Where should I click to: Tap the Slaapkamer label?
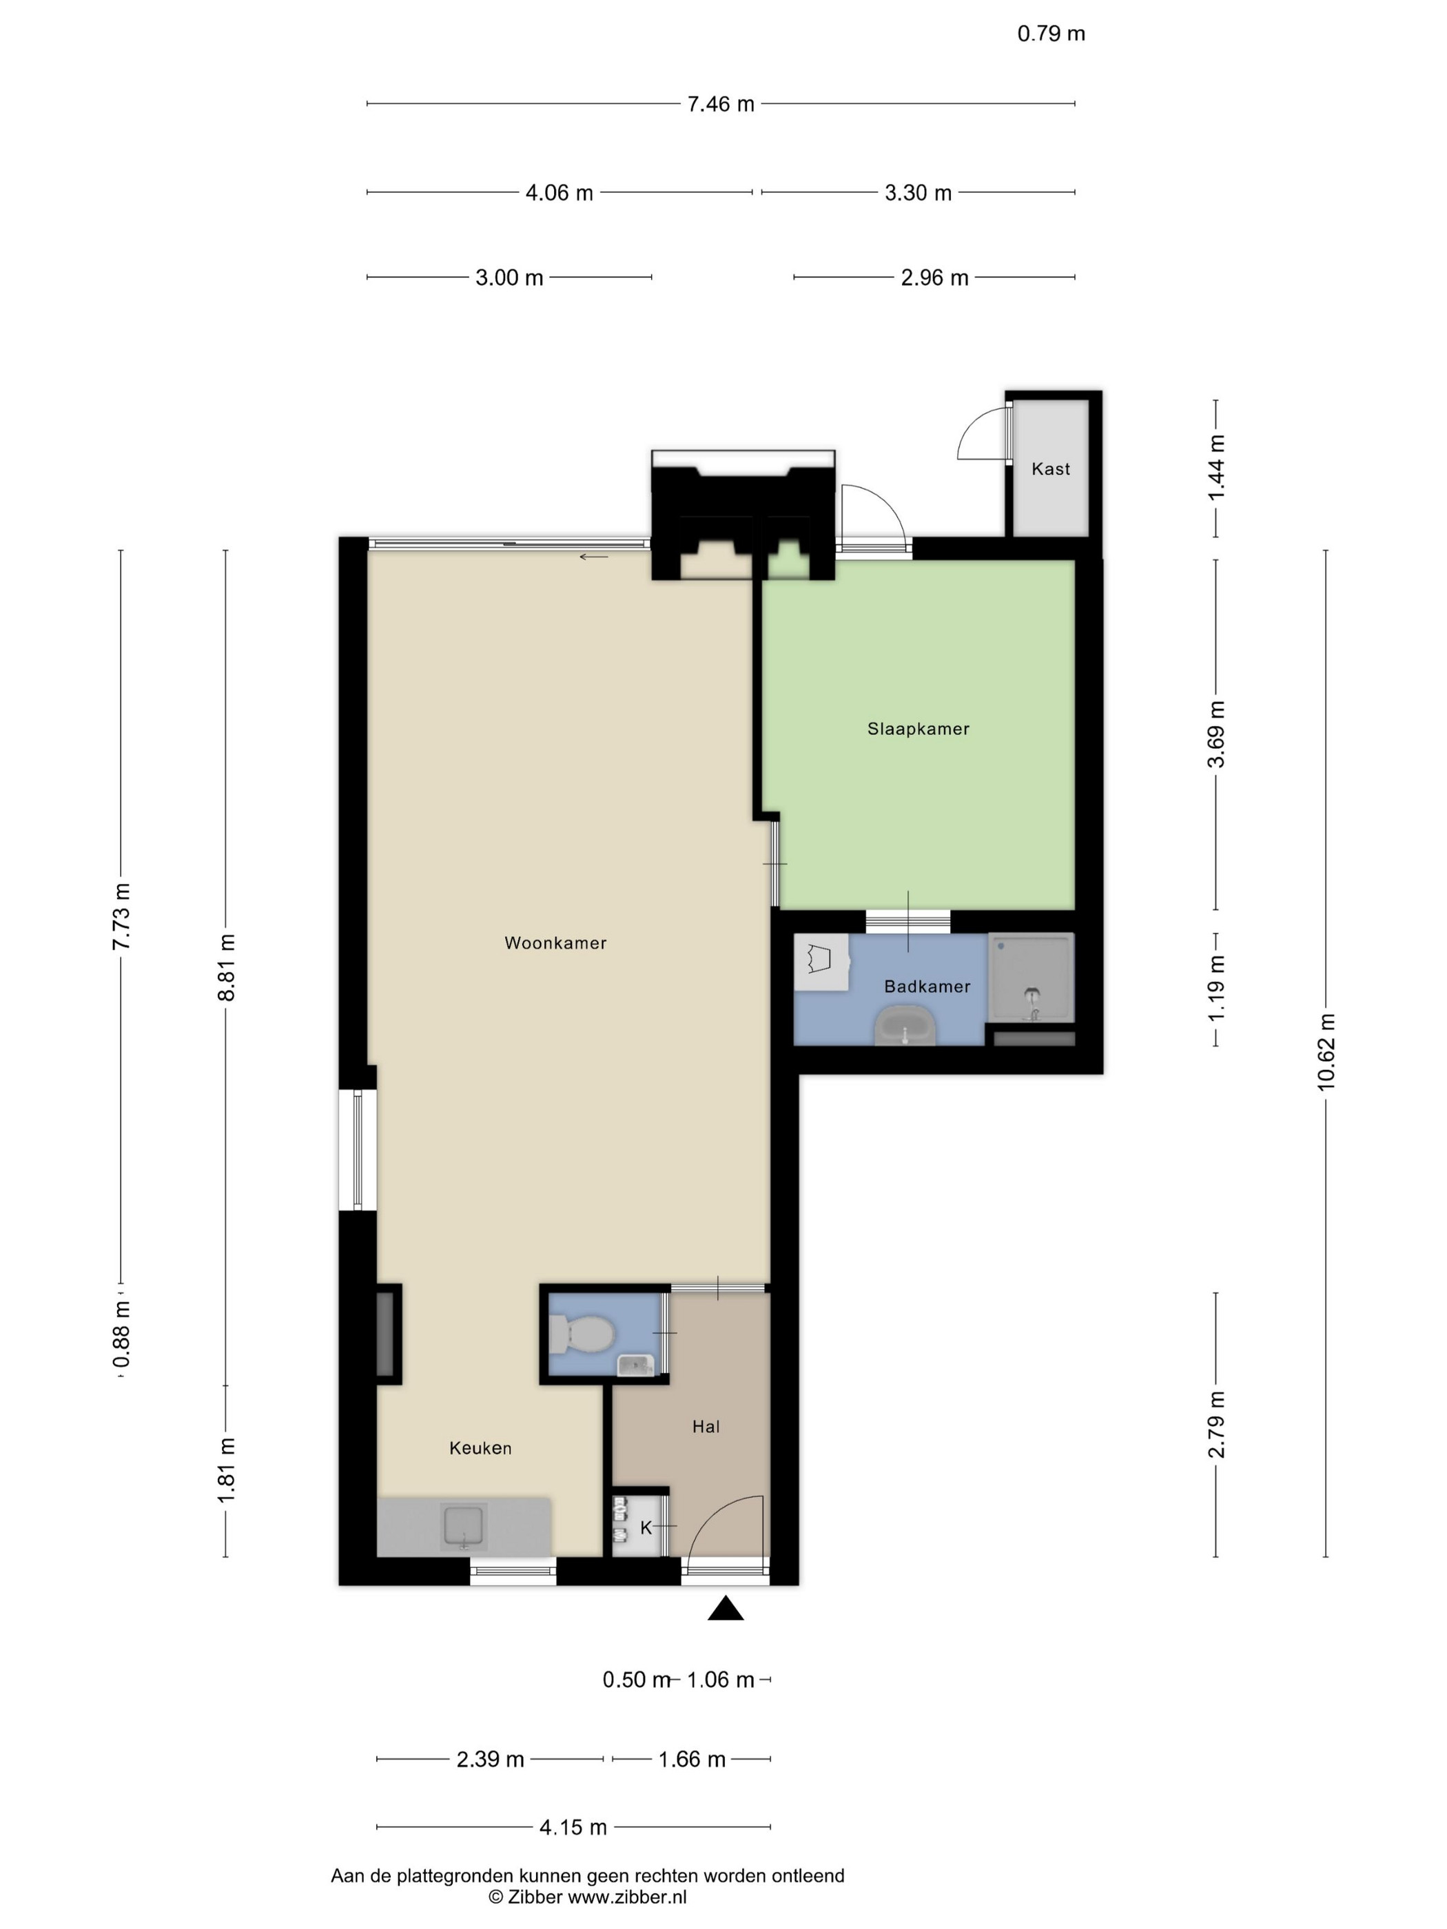918,729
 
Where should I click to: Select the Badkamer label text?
927,987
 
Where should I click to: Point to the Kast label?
1050,469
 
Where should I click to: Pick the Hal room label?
706,1427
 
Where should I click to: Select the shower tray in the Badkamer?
1030,978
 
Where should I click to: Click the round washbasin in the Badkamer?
905,1026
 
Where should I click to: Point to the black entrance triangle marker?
725,1608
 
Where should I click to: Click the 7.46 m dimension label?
721,105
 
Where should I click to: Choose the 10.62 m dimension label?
1326,1053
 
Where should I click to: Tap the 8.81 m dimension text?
226,967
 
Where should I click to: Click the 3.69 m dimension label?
1216,734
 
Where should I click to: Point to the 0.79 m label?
1051,34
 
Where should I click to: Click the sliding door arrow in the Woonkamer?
594,557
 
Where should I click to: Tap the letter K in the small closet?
646,1528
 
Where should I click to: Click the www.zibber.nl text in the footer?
627,1897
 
